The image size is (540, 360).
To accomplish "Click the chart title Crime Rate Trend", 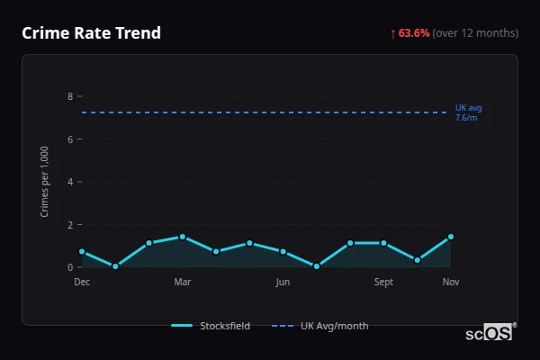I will [x=91, y=33].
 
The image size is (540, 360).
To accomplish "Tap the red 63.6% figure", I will [x=414, y=33].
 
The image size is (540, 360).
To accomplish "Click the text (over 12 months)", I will [x=475, y=33].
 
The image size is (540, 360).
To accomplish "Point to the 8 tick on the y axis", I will [x=70, y=96].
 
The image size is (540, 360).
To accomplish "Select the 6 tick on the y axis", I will [x=70, y=139].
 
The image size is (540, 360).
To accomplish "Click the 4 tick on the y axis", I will [x=70, y=182].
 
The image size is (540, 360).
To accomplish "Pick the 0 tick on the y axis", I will [x=70, y=267].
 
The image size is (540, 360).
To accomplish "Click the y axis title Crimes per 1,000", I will [x=45, y=182].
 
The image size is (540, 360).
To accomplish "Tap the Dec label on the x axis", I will [x=82, y=283].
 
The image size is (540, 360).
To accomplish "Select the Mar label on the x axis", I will [x=183, y=283].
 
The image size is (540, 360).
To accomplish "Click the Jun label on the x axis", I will [x=283, y=283].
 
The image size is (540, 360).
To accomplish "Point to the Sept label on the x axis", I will [x=383, y=283].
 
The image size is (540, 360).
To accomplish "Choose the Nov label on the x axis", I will [x=451, y=283].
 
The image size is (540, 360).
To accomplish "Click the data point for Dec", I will [x=82, y=252].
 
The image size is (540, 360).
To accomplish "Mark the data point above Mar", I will [x=183, y=237].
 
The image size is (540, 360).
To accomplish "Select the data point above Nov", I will [x=451, y=237].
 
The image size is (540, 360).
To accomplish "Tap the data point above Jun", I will [x=283, y=252].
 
